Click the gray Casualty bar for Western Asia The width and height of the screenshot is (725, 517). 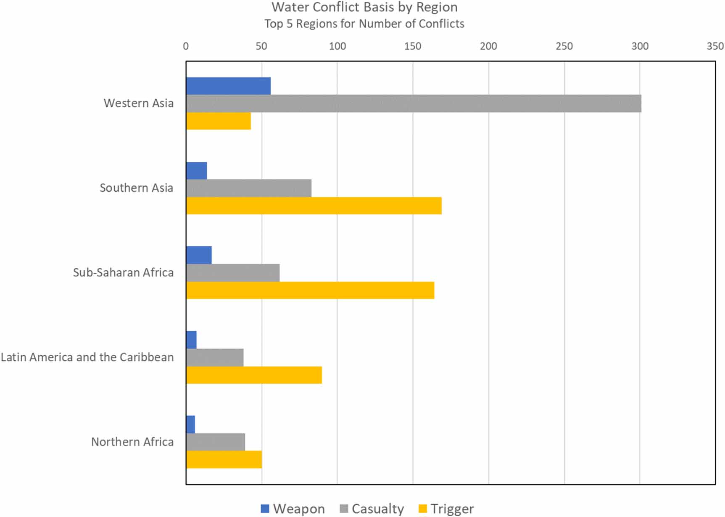414,103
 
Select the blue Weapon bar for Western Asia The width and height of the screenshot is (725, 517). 228,86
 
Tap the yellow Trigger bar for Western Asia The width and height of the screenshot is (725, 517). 219,121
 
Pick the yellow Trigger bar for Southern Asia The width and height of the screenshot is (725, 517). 314,206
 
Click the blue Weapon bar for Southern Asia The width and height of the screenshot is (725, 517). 196,171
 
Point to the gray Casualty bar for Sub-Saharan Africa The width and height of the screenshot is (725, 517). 233,273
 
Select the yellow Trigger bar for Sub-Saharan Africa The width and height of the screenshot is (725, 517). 310,290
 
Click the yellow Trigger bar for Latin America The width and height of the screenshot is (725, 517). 254,375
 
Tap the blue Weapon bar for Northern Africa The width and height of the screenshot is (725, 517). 190,425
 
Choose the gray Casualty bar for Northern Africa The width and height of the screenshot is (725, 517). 216,442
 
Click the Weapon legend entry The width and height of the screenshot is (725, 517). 293,509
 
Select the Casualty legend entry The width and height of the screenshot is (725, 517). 372,509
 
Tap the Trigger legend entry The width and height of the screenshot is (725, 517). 446,509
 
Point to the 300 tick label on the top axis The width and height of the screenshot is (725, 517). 640,46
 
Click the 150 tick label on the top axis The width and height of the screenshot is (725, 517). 413,46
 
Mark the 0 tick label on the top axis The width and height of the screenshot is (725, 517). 186,46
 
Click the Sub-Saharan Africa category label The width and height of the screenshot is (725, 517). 123,273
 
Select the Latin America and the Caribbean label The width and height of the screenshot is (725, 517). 87,357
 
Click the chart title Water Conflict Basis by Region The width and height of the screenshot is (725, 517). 364,7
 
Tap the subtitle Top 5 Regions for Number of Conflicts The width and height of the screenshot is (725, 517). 364,24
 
